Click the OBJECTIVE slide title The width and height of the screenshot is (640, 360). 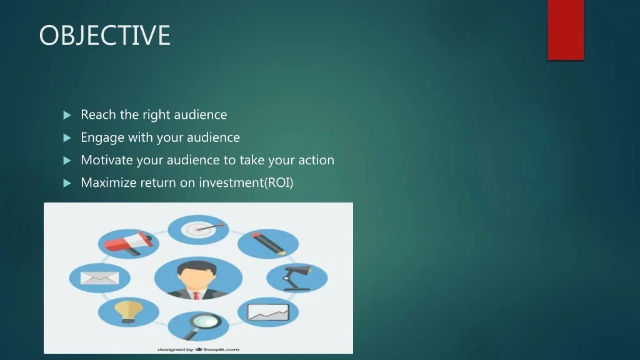coord(104,35)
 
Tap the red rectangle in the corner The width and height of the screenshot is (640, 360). coord(566,30)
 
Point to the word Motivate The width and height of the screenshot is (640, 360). coord(106,160)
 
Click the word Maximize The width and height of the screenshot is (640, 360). coord(108,182)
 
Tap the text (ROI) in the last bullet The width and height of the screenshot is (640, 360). coord(279,182)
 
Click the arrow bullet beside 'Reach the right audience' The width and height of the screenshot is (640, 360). coord(67,115)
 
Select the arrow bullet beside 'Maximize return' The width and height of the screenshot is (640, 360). coord(67,183)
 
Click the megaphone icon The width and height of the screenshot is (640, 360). coord(129,244)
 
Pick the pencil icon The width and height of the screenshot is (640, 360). coord(268,244)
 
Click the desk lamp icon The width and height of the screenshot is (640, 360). coord(297,277)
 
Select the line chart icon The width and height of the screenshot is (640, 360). coord(268,312)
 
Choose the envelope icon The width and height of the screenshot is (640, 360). coord(99,278)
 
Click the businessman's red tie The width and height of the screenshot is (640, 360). coord(196,296)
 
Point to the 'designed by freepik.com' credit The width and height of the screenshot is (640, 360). coord(198,349)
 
